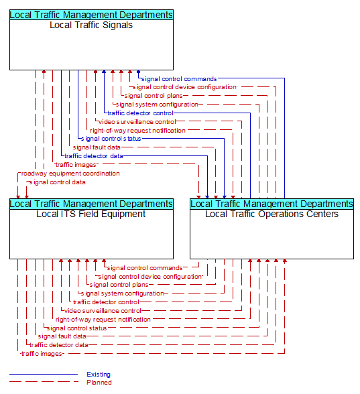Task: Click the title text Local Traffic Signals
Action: point(91,25)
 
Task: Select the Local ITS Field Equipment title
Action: point(91,214)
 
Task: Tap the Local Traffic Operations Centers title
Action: point(272,214)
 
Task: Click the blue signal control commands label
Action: point(179,79)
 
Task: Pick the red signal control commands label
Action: point(145,268)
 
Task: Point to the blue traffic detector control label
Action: point(140,113)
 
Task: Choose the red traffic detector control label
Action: point(106,302)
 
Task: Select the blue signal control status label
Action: point(111,139)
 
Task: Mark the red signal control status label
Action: point(76,328)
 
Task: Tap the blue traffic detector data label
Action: point(94,156)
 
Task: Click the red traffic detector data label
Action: point(59,344)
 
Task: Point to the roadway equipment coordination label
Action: point(70,174)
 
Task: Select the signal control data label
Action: point(58,182)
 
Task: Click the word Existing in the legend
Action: point(99,375)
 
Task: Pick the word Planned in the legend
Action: point(99,383)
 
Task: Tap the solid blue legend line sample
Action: point(44,374)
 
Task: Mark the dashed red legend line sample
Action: point(44,382)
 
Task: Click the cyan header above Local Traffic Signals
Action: point(91,15)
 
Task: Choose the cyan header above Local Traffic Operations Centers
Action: point(272,204)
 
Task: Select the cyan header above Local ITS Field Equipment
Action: point(91,204)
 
